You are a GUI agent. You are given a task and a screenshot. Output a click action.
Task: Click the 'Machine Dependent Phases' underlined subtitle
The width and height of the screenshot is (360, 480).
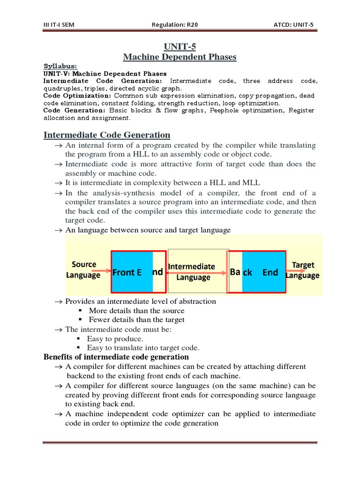[180, 57]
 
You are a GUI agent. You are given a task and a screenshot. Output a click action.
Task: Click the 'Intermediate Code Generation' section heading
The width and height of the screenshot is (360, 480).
[107, 135]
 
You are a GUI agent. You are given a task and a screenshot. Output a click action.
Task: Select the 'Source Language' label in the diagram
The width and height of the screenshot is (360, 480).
[83, 270]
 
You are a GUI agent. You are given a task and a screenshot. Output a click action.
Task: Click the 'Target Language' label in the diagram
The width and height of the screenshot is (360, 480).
[303, 270]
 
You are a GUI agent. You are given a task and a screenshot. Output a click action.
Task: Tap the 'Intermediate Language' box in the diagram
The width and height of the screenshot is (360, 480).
[193, 272]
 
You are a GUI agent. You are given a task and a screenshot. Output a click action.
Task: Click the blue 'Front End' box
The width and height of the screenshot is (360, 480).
[132, 272]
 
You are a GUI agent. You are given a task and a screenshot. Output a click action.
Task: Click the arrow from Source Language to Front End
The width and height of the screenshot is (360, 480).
[98, 271]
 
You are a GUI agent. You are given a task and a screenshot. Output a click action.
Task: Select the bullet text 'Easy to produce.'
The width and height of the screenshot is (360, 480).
[115, 338]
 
